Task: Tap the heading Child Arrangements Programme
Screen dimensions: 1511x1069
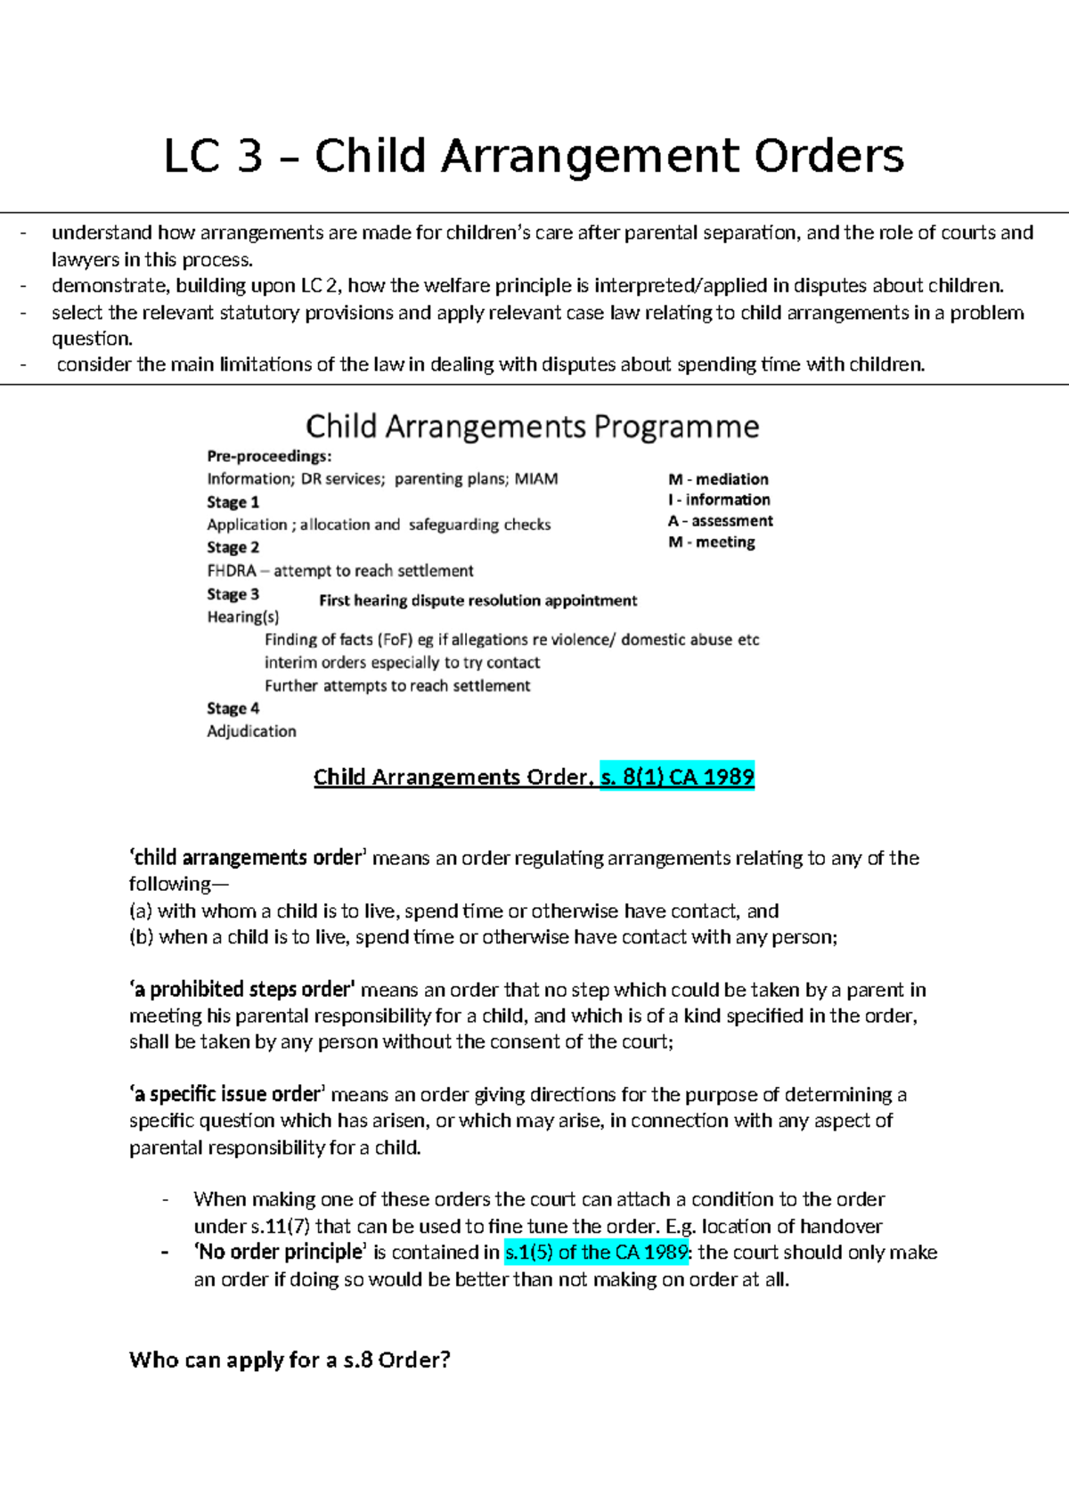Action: coord(532,427)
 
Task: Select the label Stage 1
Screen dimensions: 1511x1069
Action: coord(233,502)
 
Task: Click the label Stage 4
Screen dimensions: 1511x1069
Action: coord(233,708)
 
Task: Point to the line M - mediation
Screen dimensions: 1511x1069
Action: coord(718,479)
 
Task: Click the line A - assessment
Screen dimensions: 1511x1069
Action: coord(720,521)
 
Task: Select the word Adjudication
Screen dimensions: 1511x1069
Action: coord(251,731)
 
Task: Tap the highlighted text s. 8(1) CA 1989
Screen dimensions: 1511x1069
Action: coord(677,777)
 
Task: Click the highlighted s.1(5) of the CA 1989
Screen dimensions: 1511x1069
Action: coord(597,1253)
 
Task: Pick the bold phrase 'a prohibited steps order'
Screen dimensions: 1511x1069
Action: coord(242,990)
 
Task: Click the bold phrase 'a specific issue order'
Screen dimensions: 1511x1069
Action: coord(228,1094)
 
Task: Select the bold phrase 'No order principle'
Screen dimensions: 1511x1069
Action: coord(280,1253)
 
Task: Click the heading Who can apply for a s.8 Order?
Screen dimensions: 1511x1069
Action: coord(290,1360)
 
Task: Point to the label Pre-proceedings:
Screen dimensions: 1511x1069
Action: coord(269,456)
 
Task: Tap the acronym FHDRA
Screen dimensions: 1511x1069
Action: coord(232,571)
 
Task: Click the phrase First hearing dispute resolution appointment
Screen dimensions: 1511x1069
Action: coord(477,600)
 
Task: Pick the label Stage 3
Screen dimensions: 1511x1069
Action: coord(233,594)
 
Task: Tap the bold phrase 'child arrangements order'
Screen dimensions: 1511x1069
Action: coord(248,858)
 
